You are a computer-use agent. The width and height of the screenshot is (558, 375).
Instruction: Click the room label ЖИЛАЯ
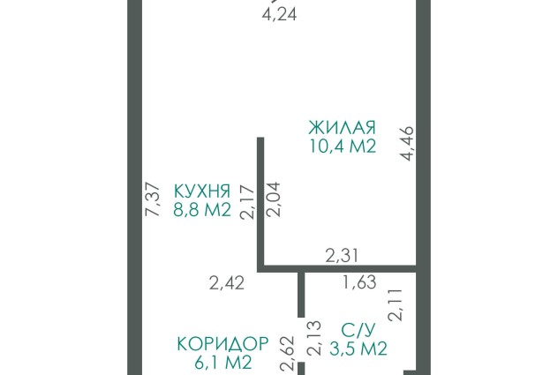click(342, 128)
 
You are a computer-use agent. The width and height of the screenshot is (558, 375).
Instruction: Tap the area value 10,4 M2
click(343, 146)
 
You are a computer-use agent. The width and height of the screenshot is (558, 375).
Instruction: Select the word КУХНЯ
click(202, 191)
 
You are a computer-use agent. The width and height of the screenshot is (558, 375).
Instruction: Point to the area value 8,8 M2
click(202, 210)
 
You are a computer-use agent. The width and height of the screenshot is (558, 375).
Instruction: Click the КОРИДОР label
click(222, 344)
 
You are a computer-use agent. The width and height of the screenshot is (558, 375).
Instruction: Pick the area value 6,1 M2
click(223, 362)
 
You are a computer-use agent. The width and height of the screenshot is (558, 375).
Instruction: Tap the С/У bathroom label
click(358, 331)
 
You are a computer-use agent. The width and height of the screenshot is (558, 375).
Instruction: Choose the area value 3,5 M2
click(358, 349)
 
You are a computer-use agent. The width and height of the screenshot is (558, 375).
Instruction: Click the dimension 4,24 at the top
click(279, 15)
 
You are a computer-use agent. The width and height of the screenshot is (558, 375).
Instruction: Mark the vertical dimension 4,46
click(406, 143)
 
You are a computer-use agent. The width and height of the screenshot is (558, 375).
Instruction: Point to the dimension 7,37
click(154, 199)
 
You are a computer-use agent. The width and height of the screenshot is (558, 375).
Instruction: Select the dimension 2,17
click(247, 202)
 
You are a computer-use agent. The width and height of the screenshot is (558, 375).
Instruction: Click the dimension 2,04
click(274, 199)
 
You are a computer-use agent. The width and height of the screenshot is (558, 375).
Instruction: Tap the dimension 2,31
click(342, 256)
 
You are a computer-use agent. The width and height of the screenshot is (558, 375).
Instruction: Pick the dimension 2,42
click(227, 283)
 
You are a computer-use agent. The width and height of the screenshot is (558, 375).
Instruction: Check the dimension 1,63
click(359, 282)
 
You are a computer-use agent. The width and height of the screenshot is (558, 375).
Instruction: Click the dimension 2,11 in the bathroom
click(396, 305)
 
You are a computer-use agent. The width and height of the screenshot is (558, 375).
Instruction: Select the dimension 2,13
click(314, 338)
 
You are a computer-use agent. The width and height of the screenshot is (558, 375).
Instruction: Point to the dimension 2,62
click(288, 354)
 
